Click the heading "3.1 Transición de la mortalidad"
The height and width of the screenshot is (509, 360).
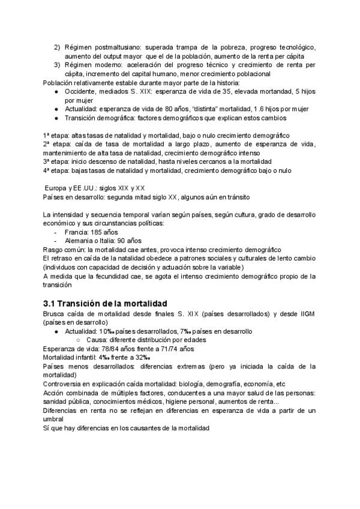pyautogui.click(x=105, y=302)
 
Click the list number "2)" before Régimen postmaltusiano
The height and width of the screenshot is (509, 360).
pyautogui.click(x=58, y=47)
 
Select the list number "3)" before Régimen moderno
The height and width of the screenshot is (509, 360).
pyautogui.click(x=58, y=65)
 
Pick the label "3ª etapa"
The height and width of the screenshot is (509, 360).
pyautogui.click(x=56, y=161)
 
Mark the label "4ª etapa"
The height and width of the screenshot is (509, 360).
pyautogui.click(x=56, y=170)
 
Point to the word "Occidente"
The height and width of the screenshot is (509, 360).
pyautogui.click(x=82, y=91)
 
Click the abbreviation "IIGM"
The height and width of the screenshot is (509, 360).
pyautogui.click(x=307, y=313)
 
